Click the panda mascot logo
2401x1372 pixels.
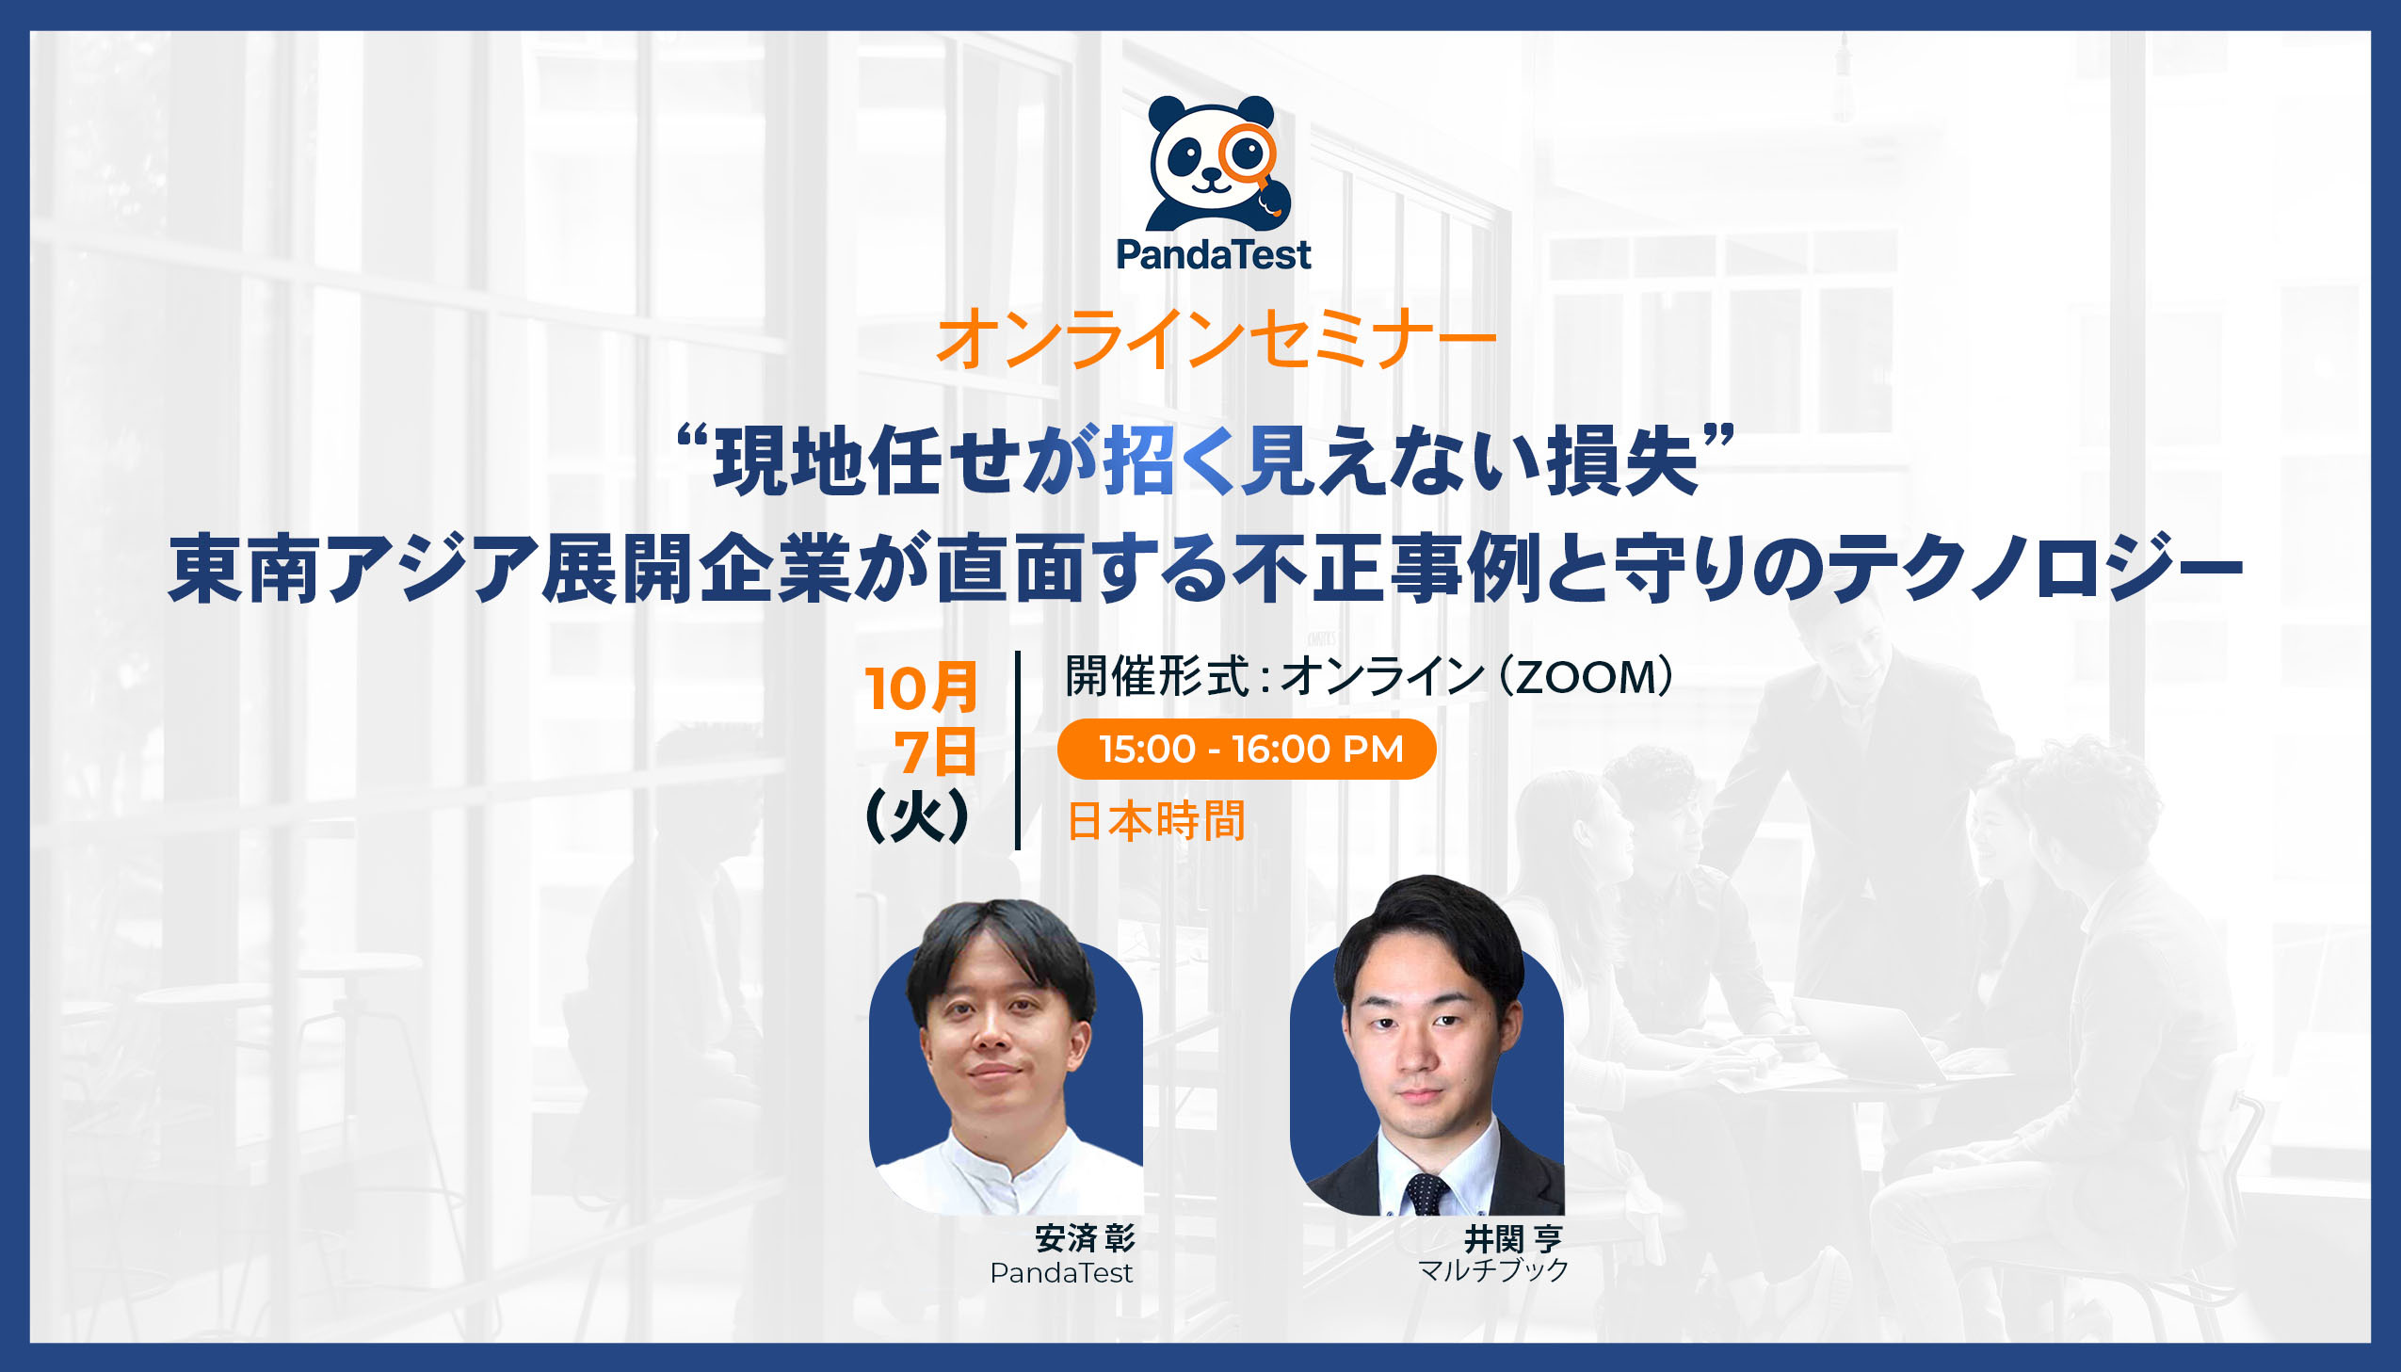tap(1214, 163)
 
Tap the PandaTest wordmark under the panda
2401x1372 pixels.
tap(1214, 254)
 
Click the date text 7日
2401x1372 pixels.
tap(934, 753)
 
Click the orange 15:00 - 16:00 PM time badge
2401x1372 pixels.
tap(1247, 750)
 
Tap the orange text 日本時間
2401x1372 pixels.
tap(1155, 820)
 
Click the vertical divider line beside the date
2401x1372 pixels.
tap(1018, 751)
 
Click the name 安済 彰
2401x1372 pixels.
tap(1084, 1238)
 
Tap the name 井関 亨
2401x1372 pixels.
tap(1513, 1238)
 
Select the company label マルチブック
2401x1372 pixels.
tap(1493, 1270)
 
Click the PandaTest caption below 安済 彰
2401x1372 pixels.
tap(1061, 1273)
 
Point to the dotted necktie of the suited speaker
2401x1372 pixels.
tap(1426, 1194)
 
